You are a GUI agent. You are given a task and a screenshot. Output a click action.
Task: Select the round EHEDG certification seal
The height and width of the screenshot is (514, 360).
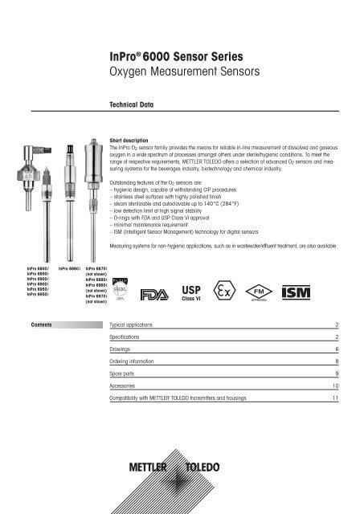tap(122, 291)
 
